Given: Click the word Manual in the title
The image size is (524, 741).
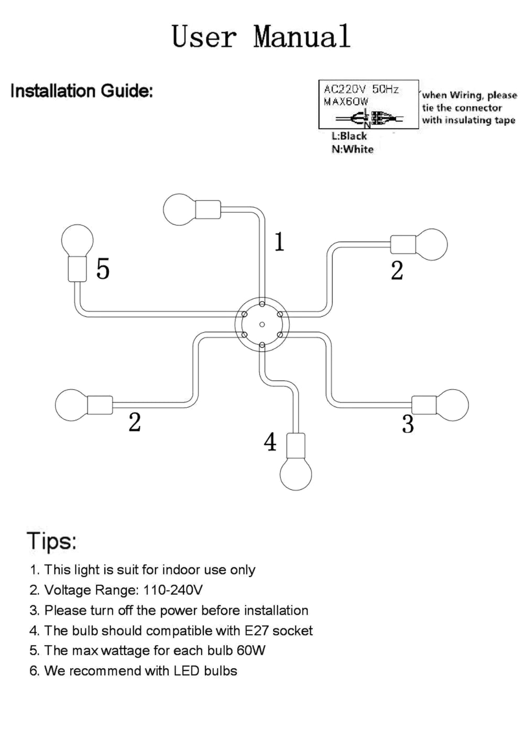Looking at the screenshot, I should click(302, 37).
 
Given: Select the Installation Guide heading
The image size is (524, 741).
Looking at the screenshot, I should click(82, 91).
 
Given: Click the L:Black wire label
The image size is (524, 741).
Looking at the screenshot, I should click(349, 136).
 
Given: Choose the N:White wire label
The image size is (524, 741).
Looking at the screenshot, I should click(352, 149).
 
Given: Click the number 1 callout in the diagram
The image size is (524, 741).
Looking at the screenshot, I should click(280, 242).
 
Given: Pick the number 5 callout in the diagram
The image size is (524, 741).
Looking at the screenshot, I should click(103, 269).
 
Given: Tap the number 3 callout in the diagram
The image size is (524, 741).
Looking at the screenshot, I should click(408, 424).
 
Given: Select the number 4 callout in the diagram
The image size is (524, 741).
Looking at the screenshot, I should click(270, 442).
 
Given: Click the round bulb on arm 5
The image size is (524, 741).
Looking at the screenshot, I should click(77, 240).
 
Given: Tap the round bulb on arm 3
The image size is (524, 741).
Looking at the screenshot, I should click(453, 405).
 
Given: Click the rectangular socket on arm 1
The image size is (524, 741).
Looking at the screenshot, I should click(208, 210).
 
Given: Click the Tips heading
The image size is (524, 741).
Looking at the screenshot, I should click(51, 540).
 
